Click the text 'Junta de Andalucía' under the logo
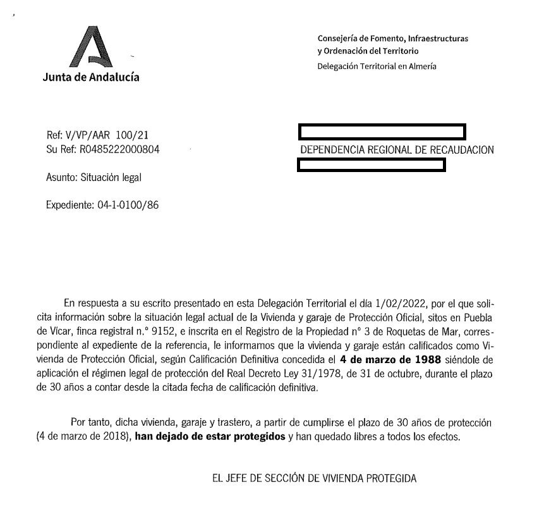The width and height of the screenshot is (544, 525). pos(91,77)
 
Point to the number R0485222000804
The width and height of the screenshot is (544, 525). pos(119,150)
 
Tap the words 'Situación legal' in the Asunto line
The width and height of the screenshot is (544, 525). pos(111,178)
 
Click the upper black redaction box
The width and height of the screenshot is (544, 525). pos(382,132)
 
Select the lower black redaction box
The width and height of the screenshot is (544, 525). pos(372,166)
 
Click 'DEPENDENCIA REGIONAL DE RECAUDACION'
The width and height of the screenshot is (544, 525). pos(397,150)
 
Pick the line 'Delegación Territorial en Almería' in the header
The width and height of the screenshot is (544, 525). pos(377,66)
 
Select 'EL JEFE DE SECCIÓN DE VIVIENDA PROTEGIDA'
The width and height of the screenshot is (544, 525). pos(314,478)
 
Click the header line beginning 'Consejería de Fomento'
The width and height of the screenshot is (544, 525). pos(393,39)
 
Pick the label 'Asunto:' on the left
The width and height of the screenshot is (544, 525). pos(62,178)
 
